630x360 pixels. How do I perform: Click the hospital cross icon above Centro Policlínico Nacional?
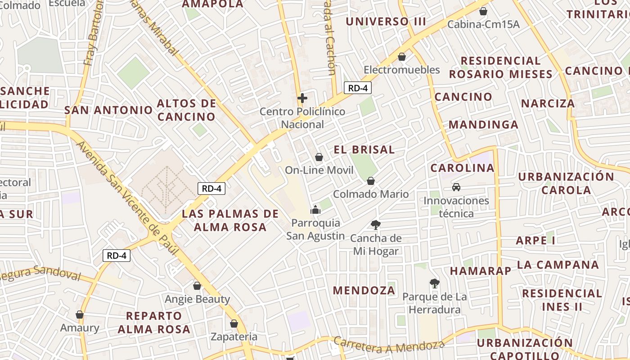point(302,98)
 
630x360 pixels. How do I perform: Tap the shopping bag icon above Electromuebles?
point(402,57)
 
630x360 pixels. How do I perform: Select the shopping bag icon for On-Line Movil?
point(319,157)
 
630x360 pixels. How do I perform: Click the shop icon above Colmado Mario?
point(371,181)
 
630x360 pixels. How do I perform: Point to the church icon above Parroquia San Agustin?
point(315,210)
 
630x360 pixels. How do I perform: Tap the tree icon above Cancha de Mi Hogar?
point(375,225)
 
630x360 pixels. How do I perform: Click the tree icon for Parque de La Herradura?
point(434,283)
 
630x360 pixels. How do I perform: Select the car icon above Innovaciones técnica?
point(456,187)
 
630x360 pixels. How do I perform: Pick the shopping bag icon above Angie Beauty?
point(197,285)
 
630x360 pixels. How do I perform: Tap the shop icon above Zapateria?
point(234,323)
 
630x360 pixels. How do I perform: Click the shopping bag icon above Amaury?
point(80,315)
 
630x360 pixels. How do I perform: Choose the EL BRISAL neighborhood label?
point(364,150)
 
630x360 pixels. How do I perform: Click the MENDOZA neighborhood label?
point(364,290)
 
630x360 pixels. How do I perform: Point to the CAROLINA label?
point(462,168)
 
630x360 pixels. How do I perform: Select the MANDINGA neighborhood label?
point(483,125)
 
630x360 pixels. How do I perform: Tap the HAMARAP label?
point(481,271)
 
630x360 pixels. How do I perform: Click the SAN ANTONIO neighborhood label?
point(108,110)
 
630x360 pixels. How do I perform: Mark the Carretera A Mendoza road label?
point(389,346)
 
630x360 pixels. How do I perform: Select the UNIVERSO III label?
point(386,21)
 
